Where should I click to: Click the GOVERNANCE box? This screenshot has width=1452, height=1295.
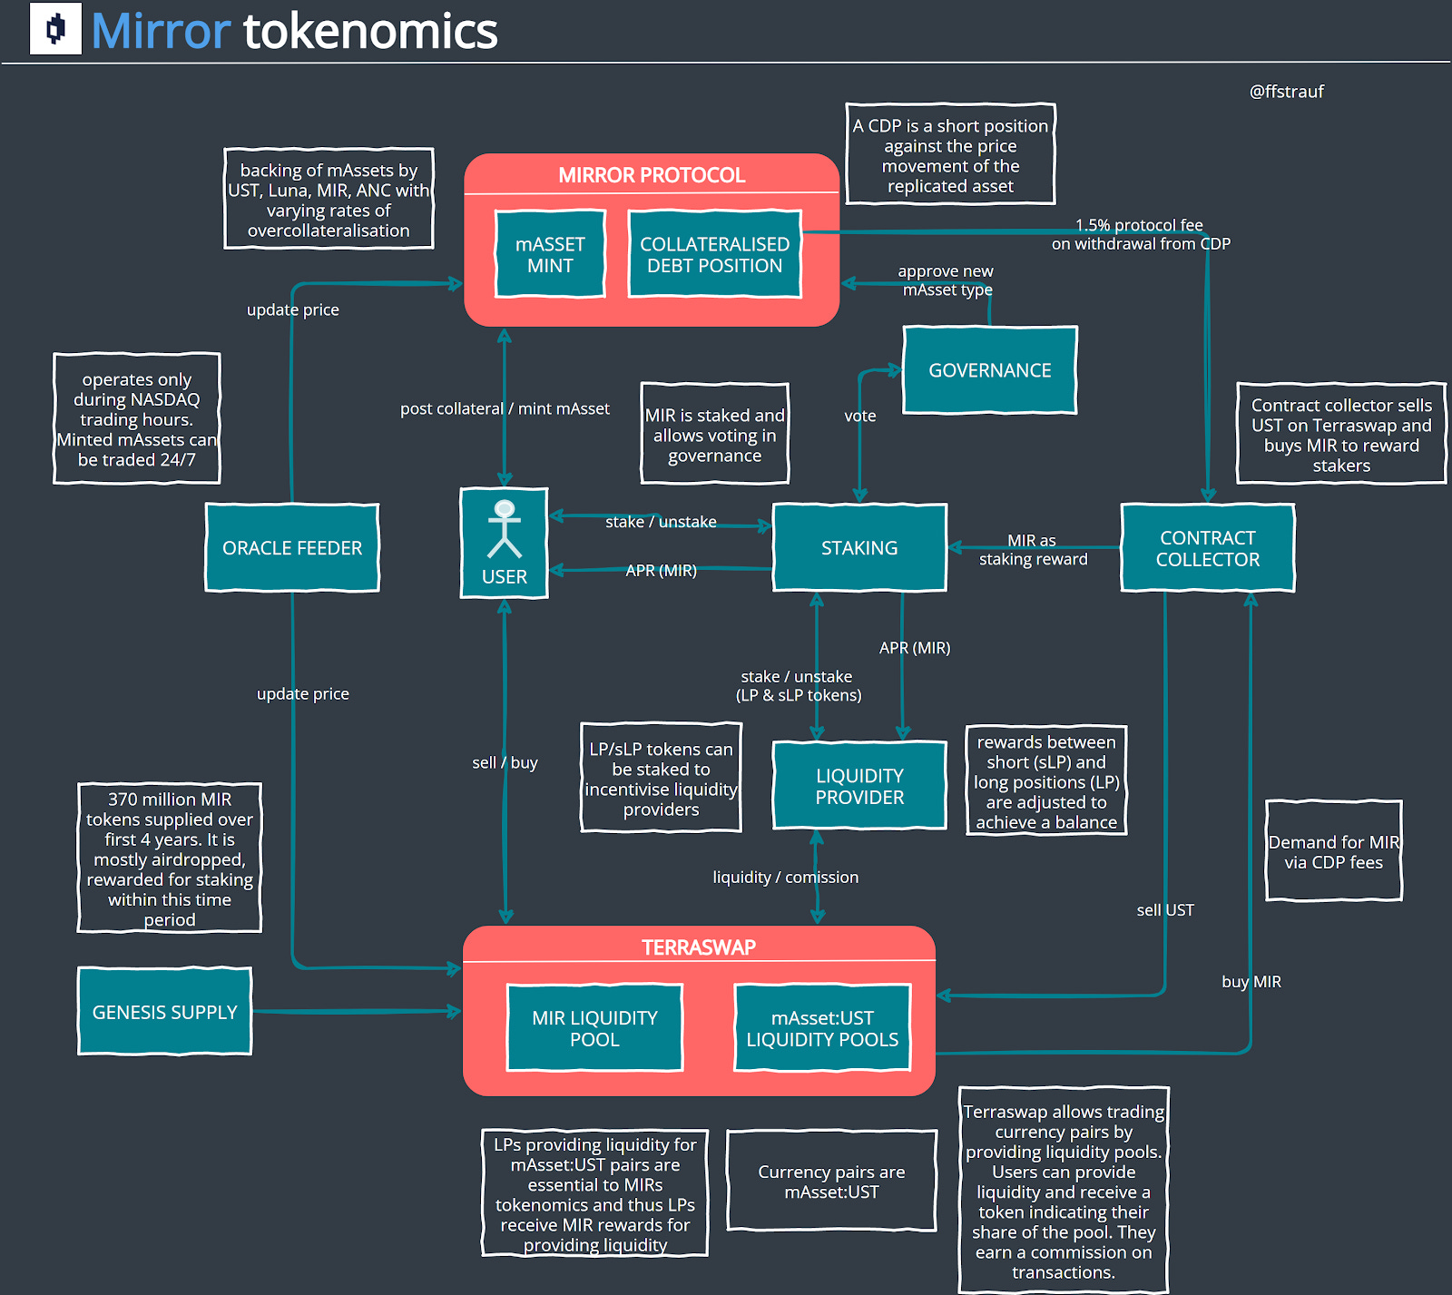989,370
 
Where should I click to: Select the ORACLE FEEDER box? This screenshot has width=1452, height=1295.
291,547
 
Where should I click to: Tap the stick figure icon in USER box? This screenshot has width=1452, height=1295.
505,529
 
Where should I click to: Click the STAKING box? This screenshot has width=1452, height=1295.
858,547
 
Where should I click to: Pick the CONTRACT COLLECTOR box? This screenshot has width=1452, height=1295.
1207,548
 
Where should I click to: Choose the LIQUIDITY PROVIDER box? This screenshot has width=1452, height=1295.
858,786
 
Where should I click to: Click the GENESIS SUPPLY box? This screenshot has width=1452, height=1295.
164,1011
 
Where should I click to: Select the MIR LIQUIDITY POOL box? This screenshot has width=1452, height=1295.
594,1028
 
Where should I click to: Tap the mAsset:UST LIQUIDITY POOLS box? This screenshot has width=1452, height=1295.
822,1028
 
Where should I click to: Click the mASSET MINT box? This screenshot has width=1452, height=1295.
550,254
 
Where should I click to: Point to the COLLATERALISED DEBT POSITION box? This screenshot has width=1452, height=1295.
714,254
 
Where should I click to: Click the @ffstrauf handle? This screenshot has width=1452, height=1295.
1286,92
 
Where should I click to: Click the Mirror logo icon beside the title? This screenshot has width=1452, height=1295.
55,29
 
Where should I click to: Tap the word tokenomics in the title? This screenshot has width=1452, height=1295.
370,31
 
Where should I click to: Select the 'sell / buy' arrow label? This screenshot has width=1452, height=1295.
505,762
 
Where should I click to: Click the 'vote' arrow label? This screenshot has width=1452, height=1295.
859,416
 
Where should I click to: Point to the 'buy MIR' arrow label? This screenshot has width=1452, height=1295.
1251,981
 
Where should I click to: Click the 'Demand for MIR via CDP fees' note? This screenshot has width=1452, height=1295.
1333,851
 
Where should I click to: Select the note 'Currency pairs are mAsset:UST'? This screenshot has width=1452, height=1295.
831,1181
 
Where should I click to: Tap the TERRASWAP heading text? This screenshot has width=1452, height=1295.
699,947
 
